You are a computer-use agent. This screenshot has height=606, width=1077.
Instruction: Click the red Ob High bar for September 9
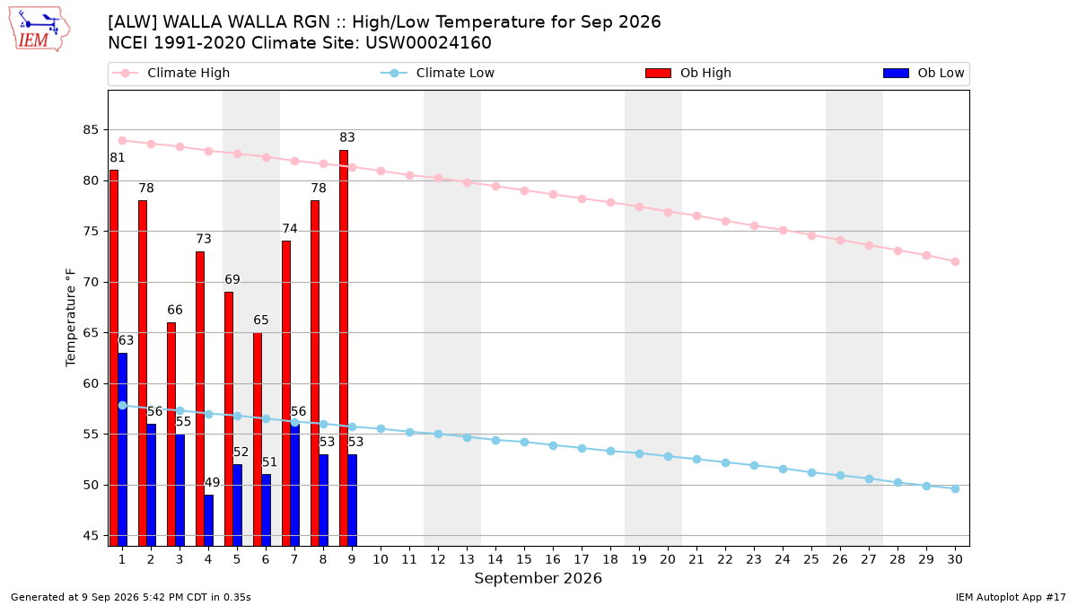(344, 348)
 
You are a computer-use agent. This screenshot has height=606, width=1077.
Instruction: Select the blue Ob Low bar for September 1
(123, 450)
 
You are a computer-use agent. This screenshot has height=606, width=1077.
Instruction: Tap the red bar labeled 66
(171, 435)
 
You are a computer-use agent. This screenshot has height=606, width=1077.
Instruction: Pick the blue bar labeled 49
(208, 521)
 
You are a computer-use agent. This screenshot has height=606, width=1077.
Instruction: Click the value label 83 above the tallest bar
(347, 137)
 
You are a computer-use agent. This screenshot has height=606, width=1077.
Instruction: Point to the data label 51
(269, 462)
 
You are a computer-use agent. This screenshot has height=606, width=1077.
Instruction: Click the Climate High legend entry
(171, 73)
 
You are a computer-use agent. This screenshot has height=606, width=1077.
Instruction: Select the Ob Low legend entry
(924, 73)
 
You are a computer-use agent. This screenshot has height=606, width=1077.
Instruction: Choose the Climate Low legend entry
(437, 73)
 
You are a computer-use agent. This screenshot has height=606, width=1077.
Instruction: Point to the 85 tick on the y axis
(91, 130)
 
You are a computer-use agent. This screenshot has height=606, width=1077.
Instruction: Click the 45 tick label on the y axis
(91, 536)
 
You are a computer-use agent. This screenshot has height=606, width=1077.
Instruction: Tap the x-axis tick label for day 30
(955, 559)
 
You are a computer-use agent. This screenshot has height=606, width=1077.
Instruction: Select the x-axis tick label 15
(524, 559)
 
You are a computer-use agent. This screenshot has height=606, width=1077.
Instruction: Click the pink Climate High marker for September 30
(955, 261)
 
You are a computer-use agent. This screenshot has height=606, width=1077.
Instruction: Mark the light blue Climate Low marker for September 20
(668, 456)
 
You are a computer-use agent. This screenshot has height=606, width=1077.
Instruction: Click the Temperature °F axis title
(71, 318)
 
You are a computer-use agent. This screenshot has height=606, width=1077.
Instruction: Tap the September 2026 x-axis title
(538, 578)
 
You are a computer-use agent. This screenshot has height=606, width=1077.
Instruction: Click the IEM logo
(39, 30)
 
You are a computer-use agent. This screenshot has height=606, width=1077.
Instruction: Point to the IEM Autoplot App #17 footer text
(1011, 597)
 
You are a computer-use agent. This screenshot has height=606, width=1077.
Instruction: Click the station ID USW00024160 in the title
(428, 43)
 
